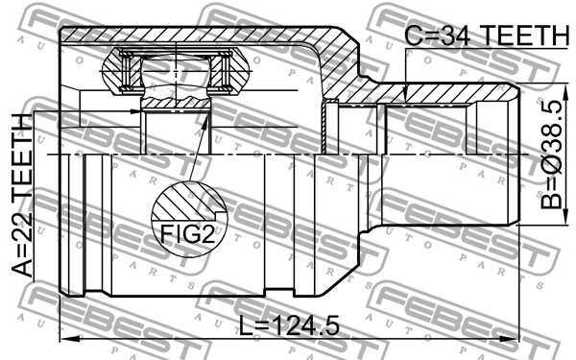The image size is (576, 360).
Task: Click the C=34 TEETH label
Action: pos(487,36)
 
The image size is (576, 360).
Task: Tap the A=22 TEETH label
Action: pos(22,197)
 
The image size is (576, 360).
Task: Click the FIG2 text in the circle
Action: pos(187,234)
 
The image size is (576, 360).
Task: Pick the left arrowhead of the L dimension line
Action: pos(66,339)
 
